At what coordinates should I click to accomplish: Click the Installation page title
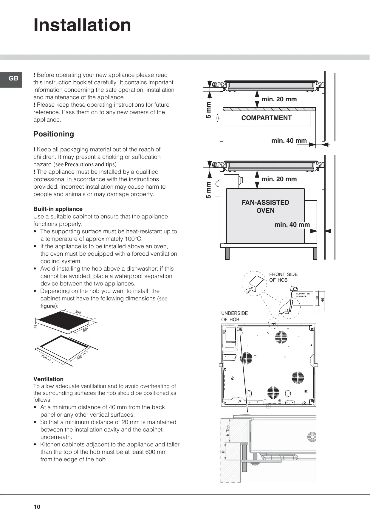[x=82, y=25]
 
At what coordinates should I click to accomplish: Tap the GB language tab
[x=13, y=79]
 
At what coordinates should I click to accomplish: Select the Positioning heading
[x=54, y=134]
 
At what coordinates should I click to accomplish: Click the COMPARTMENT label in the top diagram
[x=266, y=118]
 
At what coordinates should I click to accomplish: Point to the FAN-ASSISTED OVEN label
[x=265, y=207]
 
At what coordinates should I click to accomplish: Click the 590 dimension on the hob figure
[x=78, y=312]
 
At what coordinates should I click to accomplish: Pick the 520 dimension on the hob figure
[x=86, y=330]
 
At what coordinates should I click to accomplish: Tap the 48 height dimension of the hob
[x=35, y=326]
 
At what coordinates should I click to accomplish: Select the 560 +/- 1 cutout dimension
[x=48, y=359]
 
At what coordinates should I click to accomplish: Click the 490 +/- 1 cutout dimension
[x=83, y=355]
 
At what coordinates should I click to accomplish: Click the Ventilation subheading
[x=48, y=379]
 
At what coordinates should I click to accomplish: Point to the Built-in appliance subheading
[x=58, y=209]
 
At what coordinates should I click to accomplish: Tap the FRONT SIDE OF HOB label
[x=283, y=277]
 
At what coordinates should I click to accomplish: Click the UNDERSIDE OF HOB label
[x=234, y=316]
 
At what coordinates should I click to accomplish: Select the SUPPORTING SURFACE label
[x=303, y=295]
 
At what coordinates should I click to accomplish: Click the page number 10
[x=37, y=507]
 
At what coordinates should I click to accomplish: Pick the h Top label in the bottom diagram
[x=228, y=430]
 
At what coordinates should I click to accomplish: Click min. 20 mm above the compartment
[x=279, y=99]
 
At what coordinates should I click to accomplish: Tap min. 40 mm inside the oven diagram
[x=292, y=225]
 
